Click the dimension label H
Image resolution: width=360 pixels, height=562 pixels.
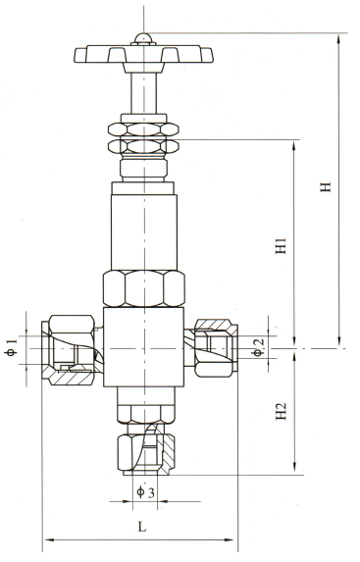[x=326, y=187]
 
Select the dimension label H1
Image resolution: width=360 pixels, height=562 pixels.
[x=282, y=245]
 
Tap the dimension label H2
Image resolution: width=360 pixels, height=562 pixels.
[x=282, y=412]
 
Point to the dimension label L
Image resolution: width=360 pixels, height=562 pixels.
[x=142, y=527]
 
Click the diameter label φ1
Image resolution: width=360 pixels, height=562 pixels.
[x=12, y=347]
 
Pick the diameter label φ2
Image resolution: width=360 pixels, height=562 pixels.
[x=258, y=347]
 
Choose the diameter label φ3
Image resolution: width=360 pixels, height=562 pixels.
[x=145, y=492]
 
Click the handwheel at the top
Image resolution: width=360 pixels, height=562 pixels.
[x=144, y=55]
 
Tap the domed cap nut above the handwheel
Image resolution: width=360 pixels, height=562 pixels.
[x=143, y=39]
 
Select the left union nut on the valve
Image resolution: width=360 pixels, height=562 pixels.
[x=71, y=350]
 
